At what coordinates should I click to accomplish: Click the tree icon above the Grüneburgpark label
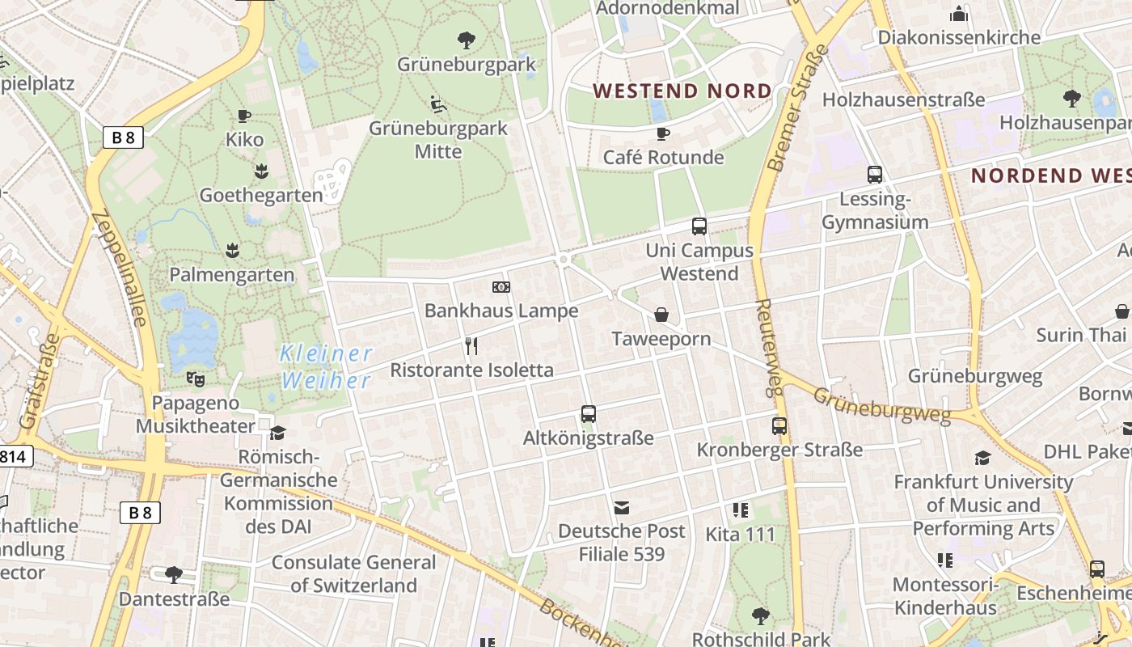tap(466, 40)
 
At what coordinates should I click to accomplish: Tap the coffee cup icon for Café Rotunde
tap(663, 133)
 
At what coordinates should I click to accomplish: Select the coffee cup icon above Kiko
tap(244, 116)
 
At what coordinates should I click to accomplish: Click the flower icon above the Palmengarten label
tap(233, 250)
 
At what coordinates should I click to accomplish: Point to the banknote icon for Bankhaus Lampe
tap(501, 287)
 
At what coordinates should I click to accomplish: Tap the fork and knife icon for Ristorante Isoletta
tap(472, 346)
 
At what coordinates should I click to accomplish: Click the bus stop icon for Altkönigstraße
tap(589, 414)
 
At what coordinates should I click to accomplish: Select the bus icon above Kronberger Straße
tap(779, 425)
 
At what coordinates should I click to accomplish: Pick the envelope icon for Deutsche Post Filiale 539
tap(622, 508)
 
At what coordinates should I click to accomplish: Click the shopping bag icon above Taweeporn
tap(661, 315)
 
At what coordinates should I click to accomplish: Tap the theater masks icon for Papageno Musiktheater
tap(195, 378)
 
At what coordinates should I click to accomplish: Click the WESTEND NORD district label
tap(682, 91)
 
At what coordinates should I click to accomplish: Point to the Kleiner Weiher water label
tap(326, 366)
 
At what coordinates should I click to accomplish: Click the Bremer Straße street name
tap(798, 108)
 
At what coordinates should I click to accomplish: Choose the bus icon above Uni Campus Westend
tap(699, 226)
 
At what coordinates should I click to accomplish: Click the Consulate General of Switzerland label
tap(354, 573)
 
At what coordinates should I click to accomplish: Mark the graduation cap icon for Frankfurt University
tap(982, 458)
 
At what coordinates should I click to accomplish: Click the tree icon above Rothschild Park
tap(760, 616)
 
